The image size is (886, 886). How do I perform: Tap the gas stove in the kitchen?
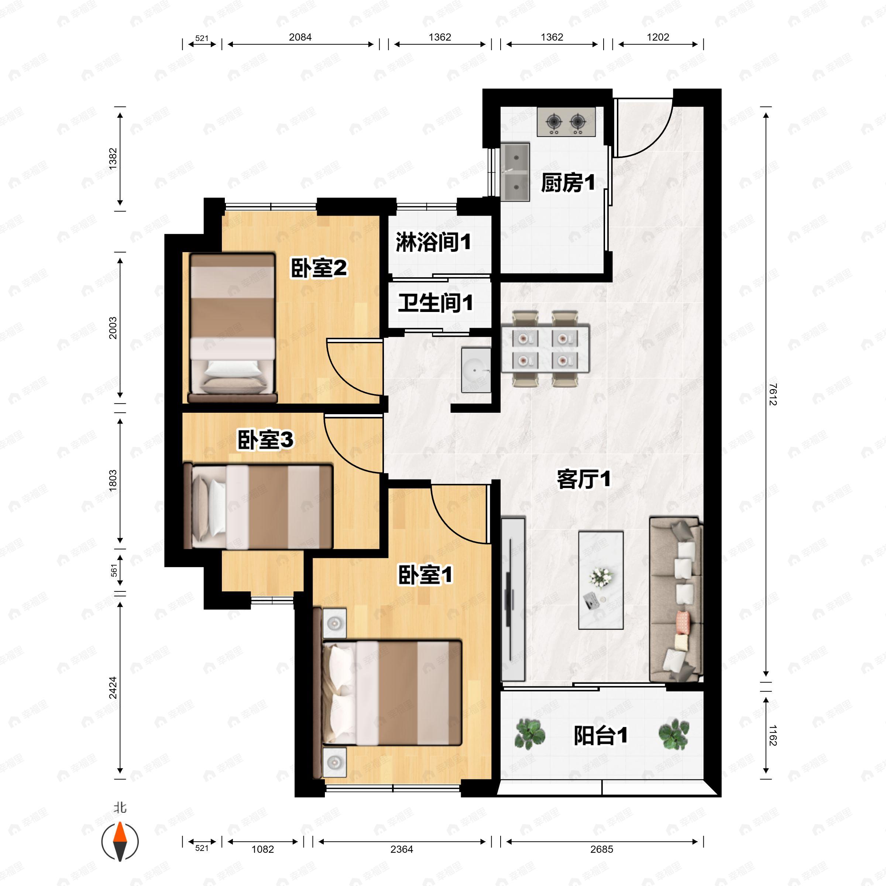566,122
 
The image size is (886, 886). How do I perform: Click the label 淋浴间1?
433,242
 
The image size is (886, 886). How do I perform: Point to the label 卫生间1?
435,303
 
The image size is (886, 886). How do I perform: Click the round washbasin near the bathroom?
475,370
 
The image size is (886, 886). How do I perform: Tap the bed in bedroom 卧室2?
233,328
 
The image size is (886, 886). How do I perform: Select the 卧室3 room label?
265,440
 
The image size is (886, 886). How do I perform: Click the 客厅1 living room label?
583,479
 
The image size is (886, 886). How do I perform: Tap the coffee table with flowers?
600,580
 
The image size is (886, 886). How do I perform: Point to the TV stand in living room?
513,599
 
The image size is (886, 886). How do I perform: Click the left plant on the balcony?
530,734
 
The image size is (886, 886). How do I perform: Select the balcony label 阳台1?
600,736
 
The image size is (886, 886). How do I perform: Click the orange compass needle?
120,832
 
